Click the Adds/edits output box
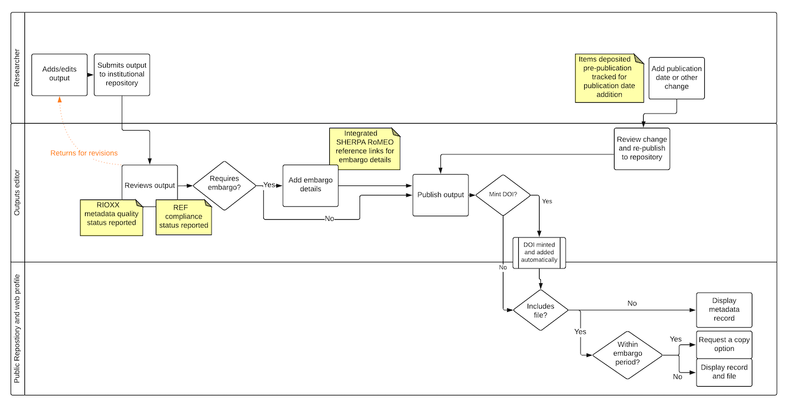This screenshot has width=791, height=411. point(59,74)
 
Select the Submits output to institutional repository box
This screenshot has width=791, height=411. point(121,74)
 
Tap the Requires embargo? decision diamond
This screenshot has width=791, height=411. point(224,185)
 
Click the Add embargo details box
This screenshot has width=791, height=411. point(310,185)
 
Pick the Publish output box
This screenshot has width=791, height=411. point(440,195)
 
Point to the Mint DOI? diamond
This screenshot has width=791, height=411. point(503,195)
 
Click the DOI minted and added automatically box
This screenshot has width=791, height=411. point(540,252)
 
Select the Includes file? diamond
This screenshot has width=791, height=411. point(540,310)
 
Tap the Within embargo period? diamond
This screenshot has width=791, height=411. point(628,356)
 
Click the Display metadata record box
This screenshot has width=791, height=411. point(724,310)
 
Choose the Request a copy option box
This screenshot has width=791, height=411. point(724,344)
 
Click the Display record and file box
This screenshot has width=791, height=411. point(724,372)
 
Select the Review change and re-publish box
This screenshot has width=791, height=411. point(642,148)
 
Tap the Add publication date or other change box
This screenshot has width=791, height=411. point(676,78)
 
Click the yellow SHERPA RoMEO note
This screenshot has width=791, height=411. point(364,148)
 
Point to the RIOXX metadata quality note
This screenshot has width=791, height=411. point(111,218)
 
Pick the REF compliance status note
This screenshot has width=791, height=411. point(183,217)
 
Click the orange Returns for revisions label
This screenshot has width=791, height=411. point(84,153)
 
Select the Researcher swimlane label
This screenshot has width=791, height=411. point(17,68)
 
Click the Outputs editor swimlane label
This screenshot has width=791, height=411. point(17,192)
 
